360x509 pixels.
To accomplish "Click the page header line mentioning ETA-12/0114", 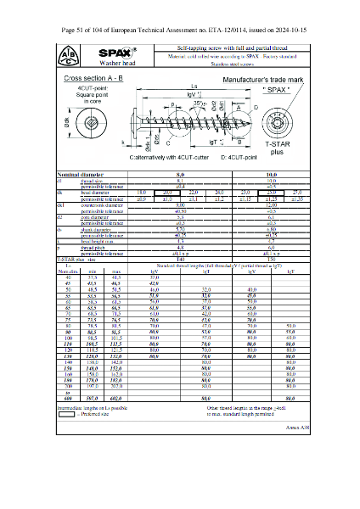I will click(180, 30).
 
